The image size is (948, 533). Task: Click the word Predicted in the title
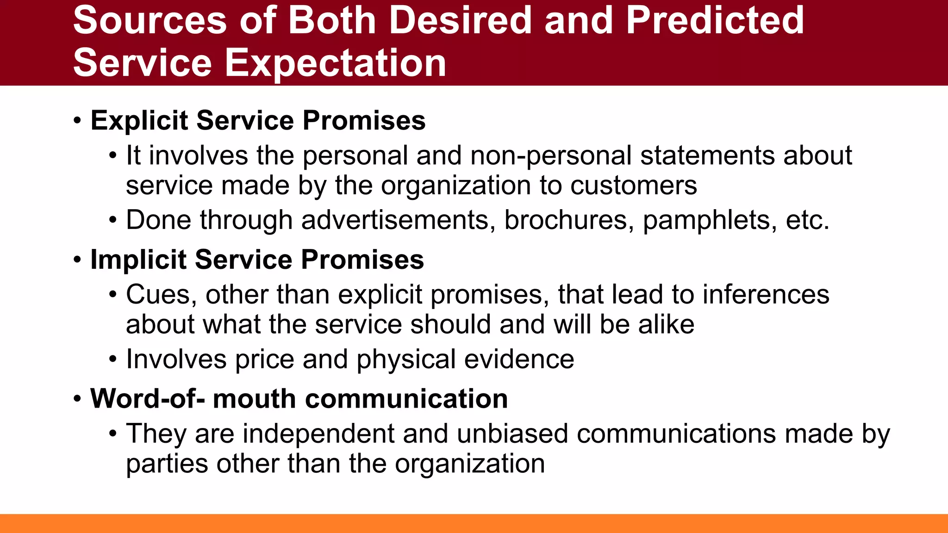715,20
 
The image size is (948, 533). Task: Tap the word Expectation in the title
335,63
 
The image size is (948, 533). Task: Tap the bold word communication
360,398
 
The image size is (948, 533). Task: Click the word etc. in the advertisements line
807,220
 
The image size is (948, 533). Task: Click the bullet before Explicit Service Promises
77,121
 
